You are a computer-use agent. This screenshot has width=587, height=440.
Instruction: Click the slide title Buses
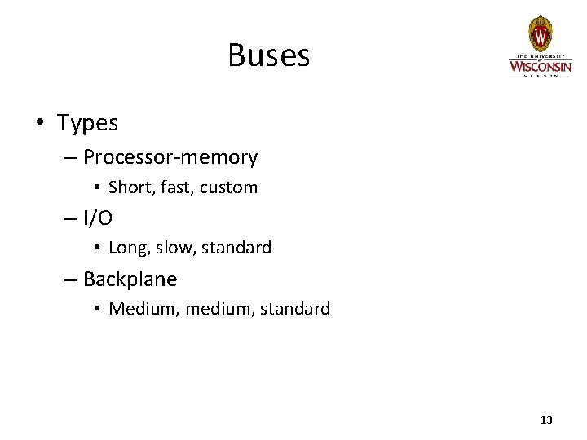269,55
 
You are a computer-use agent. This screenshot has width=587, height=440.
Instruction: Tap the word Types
87,124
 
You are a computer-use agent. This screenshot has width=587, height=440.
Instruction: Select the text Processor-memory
170,156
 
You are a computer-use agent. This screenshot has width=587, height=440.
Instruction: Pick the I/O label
98,218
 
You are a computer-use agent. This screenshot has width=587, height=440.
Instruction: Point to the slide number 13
546,420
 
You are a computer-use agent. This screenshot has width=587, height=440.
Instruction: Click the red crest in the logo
540,34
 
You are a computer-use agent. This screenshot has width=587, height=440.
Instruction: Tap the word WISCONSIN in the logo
541,64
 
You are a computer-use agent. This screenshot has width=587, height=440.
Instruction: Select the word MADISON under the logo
541,75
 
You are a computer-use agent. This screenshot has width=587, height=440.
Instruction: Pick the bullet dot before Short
96,188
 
